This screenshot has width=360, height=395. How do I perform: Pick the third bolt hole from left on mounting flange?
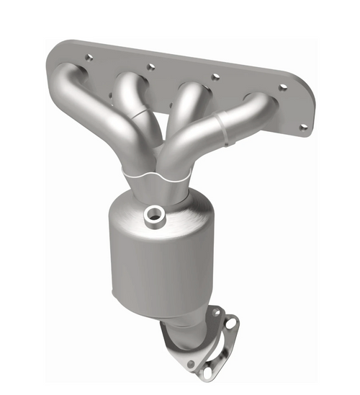(x=214, y=76)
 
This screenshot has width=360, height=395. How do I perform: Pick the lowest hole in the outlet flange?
(x=208, y=373)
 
